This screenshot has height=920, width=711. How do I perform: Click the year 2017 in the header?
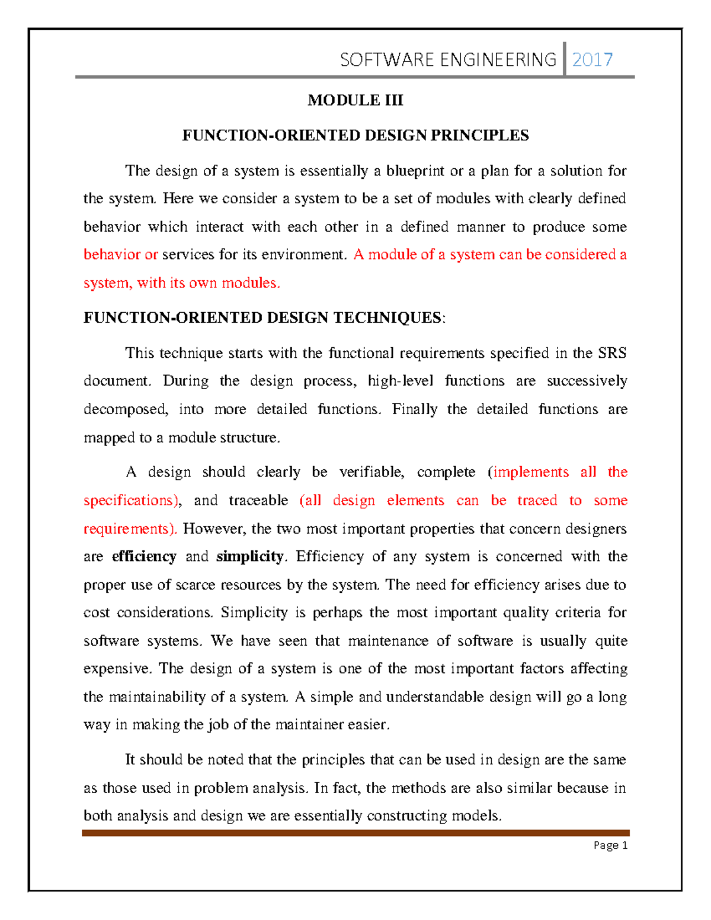click(x=592, y=60)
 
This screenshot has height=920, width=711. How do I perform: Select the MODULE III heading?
click(x=355, y=100)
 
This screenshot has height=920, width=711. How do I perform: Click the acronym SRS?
click(x=612, y=354)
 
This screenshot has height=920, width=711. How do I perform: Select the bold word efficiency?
click(x=144, y=557)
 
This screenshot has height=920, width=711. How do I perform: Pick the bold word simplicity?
click(x=250, y=557)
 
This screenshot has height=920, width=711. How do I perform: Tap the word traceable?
click(x=258, y=501)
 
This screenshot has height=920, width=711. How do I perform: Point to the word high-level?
click(x=401, y=381)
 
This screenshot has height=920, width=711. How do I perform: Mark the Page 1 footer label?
click(x=610, y=845)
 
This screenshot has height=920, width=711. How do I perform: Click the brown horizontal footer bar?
click(x=355, y=833)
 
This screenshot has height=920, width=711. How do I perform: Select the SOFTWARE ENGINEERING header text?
click(x=448, y=60)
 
